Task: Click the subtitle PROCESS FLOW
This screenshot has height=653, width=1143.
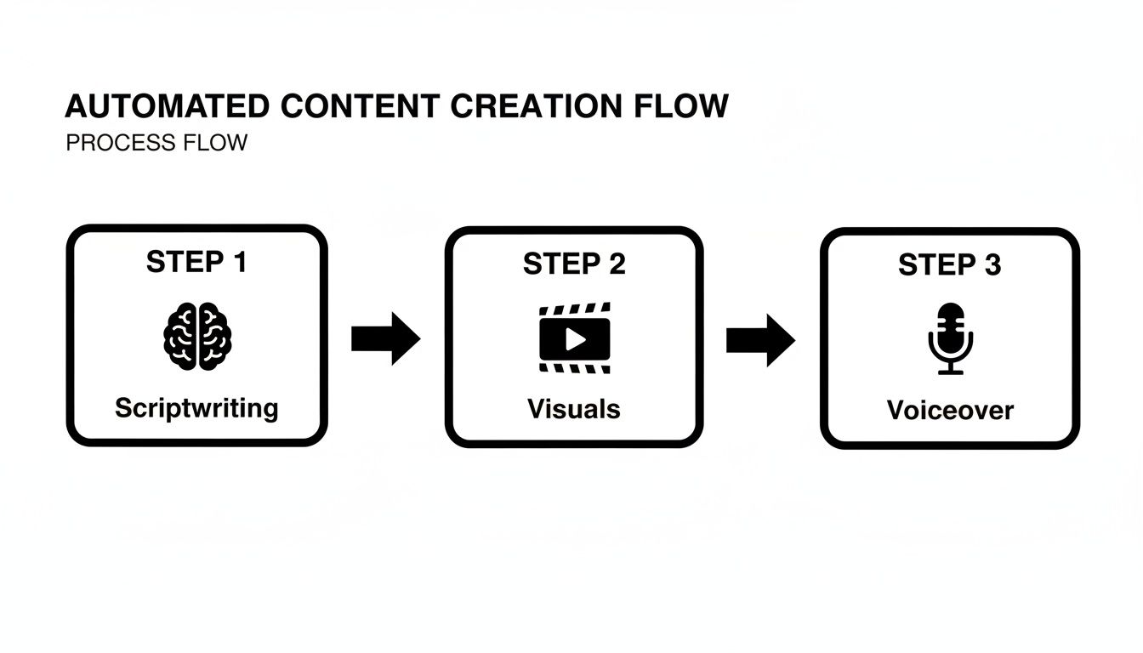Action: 156,143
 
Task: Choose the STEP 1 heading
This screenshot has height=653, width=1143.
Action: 196,262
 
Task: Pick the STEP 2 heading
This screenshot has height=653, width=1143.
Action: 574,264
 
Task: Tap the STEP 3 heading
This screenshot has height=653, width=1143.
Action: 950,265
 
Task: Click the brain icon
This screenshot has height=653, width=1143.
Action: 197,337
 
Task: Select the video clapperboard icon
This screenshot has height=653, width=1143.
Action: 575,338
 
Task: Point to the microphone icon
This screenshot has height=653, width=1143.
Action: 950,338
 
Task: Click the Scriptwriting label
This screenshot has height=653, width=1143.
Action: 196,408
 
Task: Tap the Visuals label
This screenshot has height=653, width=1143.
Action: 574,409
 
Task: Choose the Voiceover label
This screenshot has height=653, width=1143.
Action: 950,411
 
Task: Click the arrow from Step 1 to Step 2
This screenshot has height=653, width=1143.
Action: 385,338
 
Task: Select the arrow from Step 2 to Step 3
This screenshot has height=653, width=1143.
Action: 760,340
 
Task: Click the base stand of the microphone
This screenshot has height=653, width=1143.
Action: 950,370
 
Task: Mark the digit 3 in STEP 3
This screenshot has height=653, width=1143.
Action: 992,265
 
